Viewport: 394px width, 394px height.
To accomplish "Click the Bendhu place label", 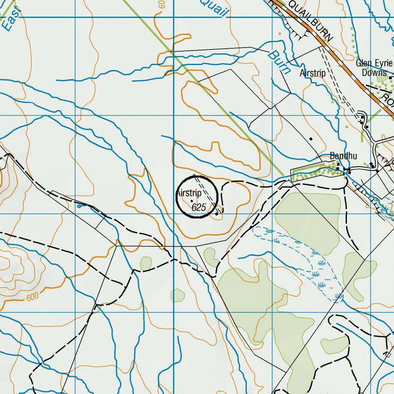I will click(x=343, y=156).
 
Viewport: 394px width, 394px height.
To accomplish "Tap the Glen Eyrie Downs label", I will click(x=374, y=68).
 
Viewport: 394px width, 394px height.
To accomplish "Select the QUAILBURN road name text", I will click(x=310, y=20).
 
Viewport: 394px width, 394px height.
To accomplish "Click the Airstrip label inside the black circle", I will click(x=188, y=193).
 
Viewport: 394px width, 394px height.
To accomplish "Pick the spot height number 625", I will click(x=199, y=207).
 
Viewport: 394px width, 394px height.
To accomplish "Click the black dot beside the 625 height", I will click(x=191, y=201).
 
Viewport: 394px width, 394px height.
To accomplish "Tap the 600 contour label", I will click(x=32, y=298).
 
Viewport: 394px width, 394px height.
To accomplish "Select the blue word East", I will click(x=10, y=19).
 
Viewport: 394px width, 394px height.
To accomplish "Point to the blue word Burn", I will click(x=279, y=61).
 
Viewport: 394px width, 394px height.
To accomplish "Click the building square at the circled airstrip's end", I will click(x=216, y=214).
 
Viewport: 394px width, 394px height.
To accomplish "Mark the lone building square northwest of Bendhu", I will click(x=311, y=138).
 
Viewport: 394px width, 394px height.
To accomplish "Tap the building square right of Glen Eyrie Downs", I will click(x=391, y=78).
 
